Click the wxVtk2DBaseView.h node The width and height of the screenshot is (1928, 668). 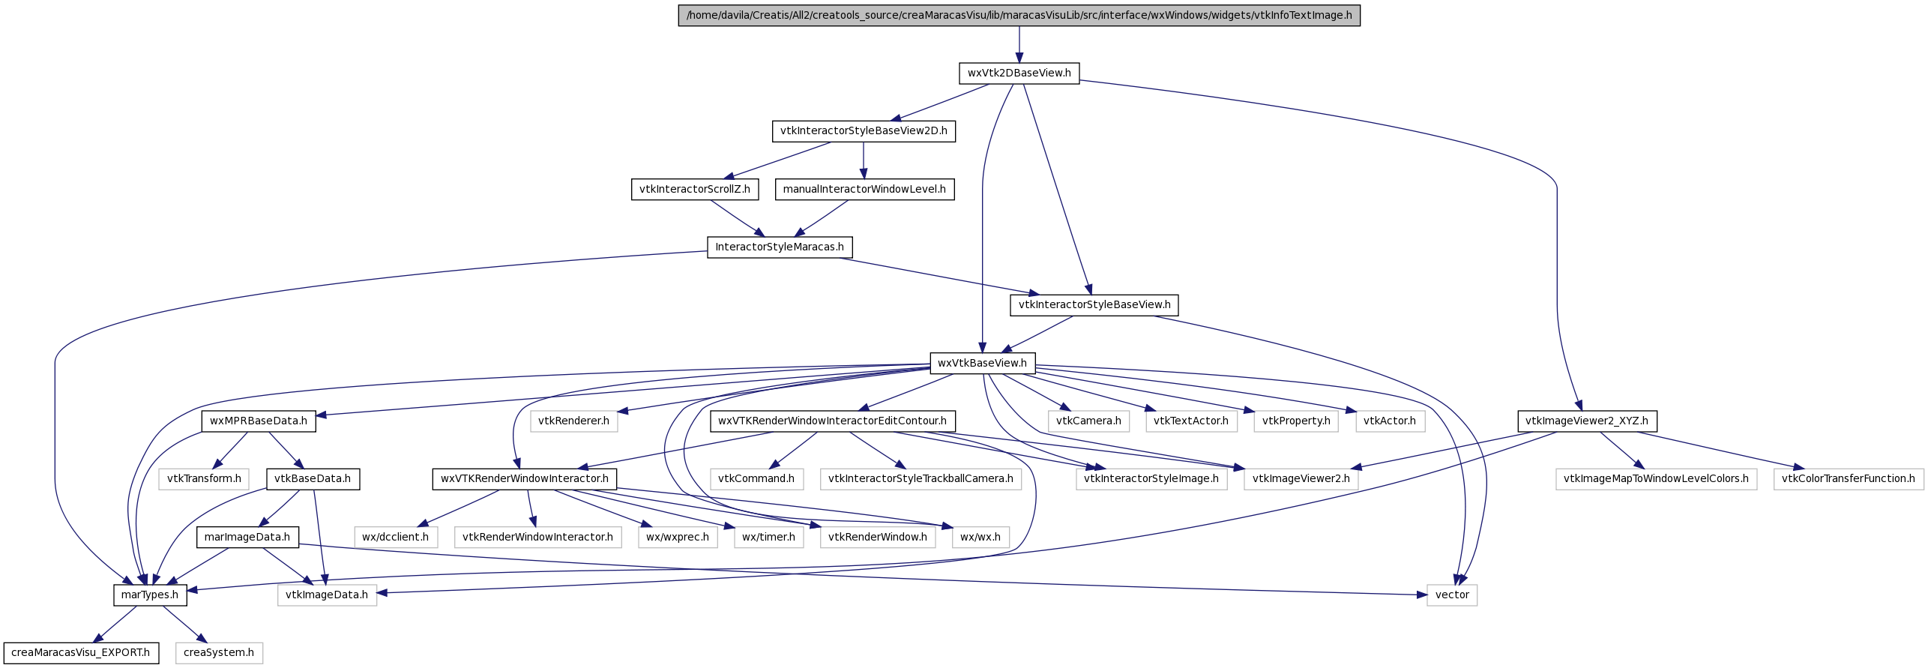[x=1019, y=73]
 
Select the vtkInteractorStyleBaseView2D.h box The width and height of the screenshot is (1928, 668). [x=864, y=131]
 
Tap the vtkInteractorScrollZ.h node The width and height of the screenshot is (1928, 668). [x=694, y=190]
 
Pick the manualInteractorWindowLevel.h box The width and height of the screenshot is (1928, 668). [x=864, y=190]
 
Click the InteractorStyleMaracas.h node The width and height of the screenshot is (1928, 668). [x=780, y=247]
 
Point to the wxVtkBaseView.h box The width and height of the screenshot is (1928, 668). [x=983, y=364]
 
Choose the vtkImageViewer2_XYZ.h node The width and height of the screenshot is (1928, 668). [x=1587, y=421]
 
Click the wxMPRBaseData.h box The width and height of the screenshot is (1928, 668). [x=259, y=421]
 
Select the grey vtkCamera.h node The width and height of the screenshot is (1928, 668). [x=1088, y=421]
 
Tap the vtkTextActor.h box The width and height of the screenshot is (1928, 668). [x=1191, y=421]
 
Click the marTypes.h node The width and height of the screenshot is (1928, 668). [x=150, y=595]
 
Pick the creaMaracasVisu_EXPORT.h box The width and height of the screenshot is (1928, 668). [x=81, y=653]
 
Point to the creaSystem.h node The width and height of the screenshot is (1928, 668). [x=219, y=653]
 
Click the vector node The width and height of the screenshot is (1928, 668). [x=1452, y=595]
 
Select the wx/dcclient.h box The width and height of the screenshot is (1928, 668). [x=396, y=538]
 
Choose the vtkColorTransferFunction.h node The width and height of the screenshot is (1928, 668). [x=1849, y=479]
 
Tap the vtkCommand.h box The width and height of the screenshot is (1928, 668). [x=756, y=479]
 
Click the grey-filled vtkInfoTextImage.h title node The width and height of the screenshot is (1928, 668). [x=1019, y=16]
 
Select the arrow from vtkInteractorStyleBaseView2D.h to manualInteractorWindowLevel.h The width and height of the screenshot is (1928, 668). [x=864, y=160]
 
